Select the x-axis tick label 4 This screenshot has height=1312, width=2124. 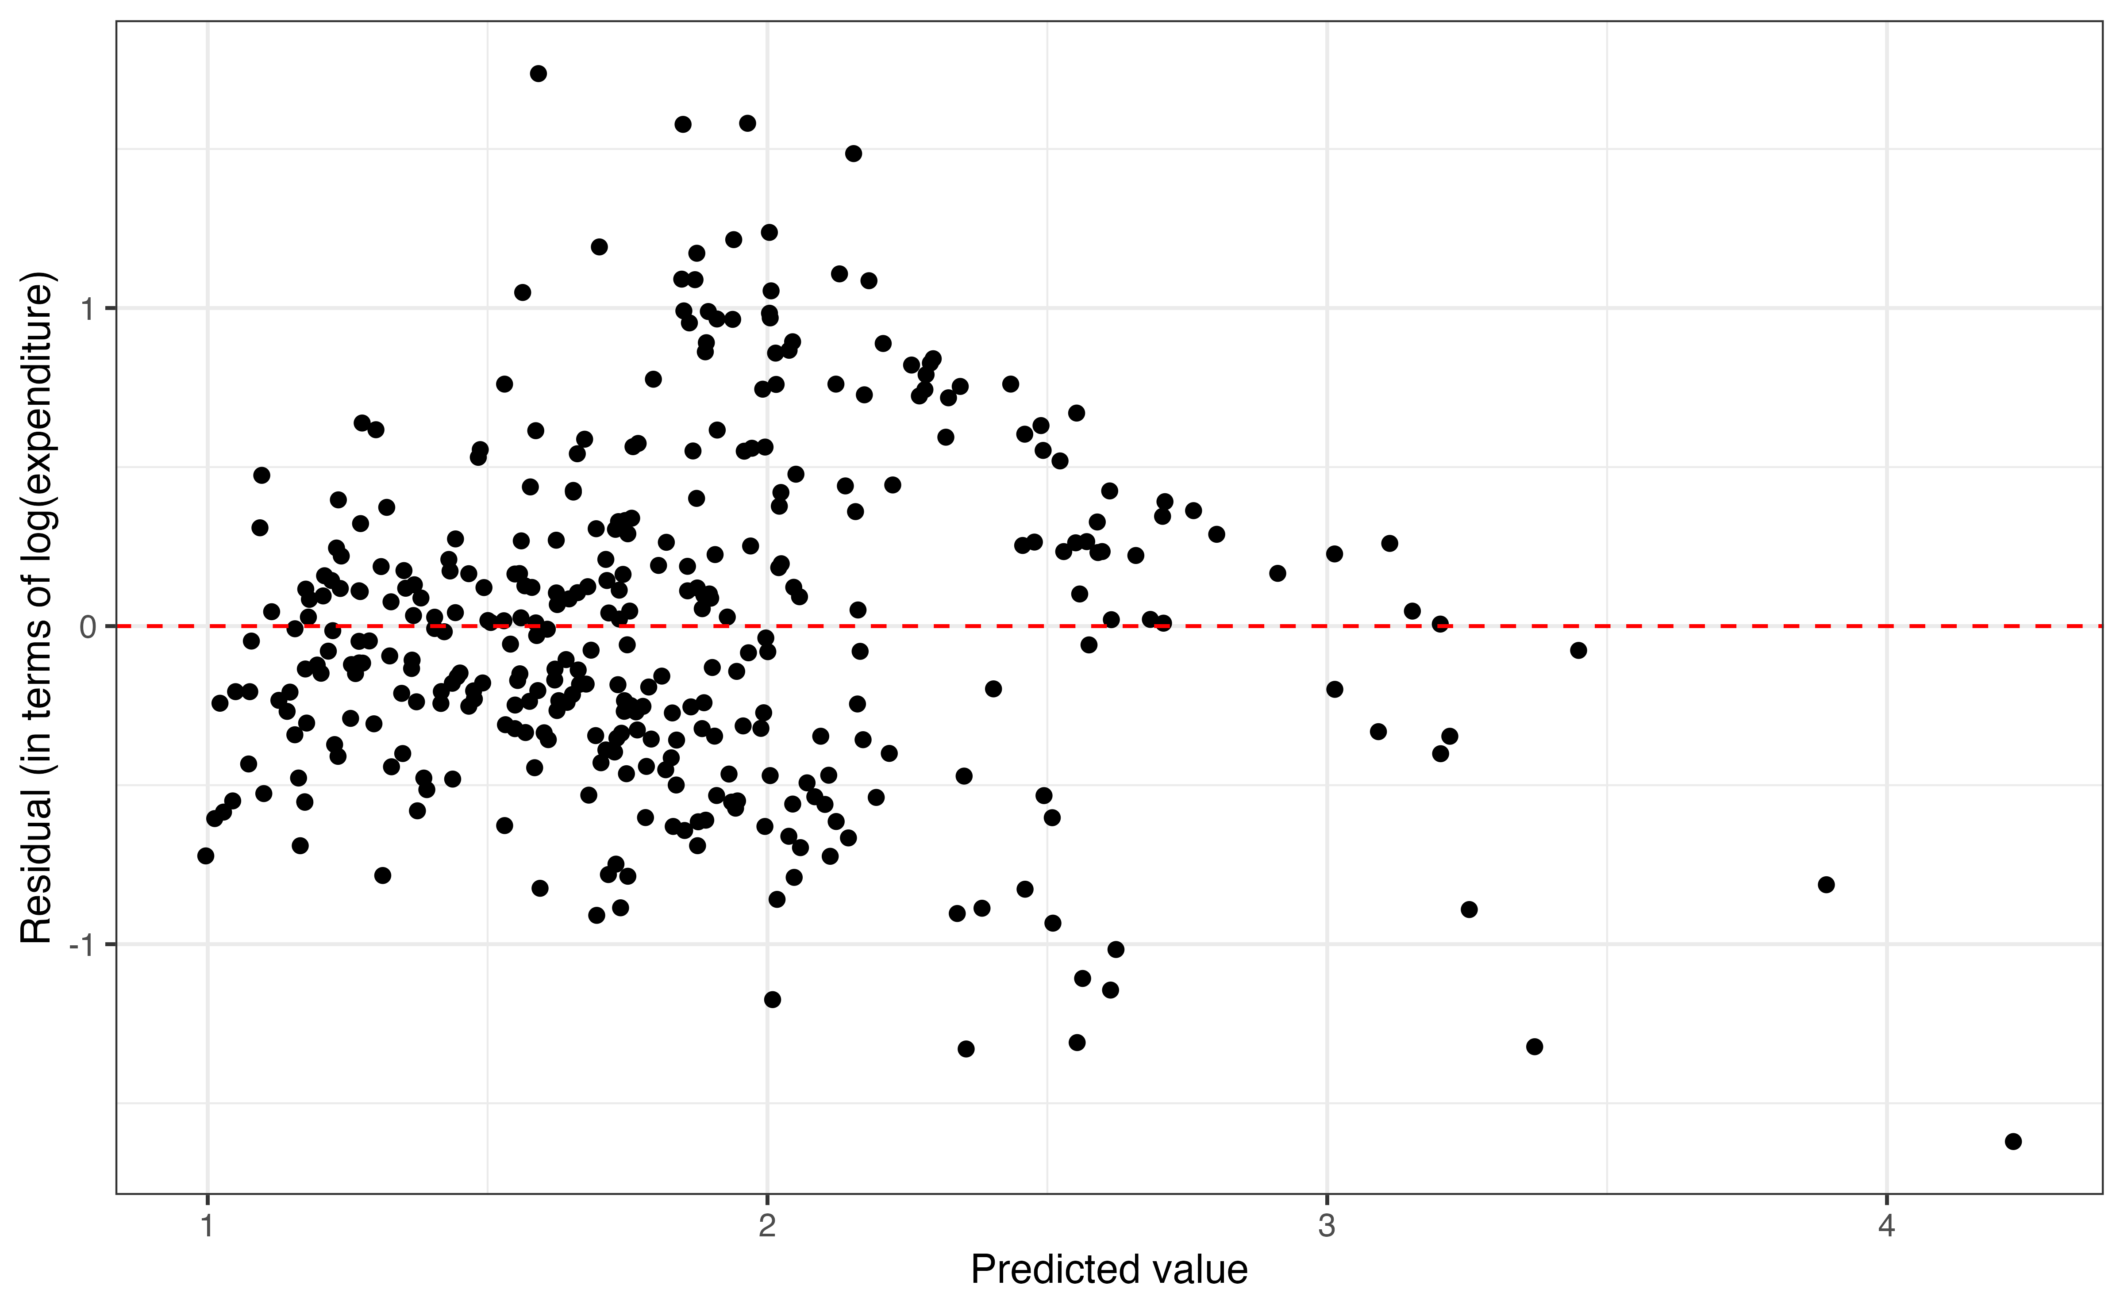click(x=1886, y=1226)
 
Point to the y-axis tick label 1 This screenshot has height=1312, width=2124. click(x=87, y=309)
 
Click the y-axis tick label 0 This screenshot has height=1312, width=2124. click(x=87, y=626)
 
